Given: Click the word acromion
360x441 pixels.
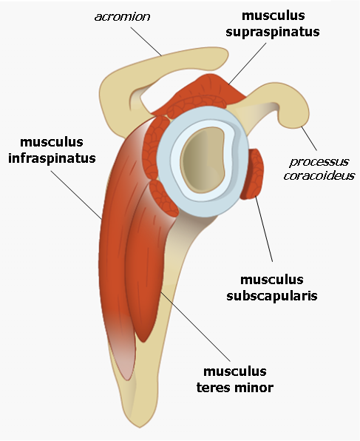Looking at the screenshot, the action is pos(122,17).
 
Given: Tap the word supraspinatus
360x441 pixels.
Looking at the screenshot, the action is pos(273,32).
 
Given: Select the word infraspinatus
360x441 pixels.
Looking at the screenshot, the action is pos(52,158).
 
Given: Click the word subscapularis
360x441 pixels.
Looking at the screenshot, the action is pos(272,295).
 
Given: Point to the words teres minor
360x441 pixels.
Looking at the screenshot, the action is pos(234,387).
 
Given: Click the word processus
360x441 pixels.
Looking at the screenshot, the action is pos(319,162).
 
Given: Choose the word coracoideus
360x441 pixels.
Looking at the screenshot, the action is pos(319,176).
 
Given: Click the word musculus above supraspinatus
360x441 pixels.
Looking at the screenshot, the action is pos(274,16).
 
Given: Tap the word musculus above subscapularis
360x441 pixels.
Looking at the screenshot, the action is pos(272,279).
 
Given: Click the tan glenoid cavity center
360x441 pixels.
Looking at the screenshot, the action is pos(203,163).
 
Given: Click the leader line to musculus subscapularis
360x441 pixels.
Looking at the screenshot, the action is pos(264,228).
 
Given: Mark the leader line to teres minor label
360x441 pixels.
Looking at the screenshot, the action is pos(196,326).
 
